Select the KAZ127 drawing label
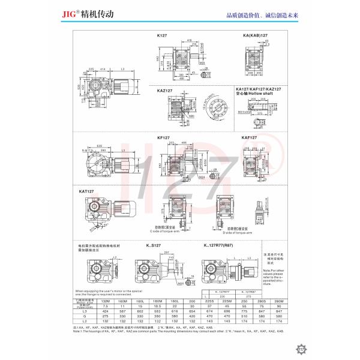[165, 90]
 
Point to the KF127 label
[163, 137]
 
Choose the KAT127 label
[87, 191]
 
